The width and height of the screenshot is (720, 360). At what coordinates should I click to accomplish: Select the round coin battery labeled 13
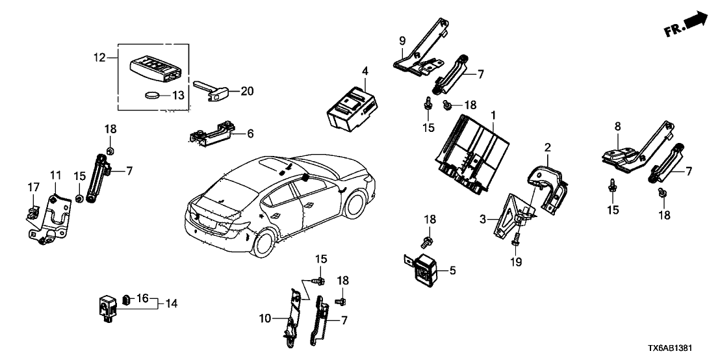coord(151,95)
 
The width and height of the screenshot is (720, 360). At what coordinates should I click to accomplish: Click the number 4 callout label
coord(365,70)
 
